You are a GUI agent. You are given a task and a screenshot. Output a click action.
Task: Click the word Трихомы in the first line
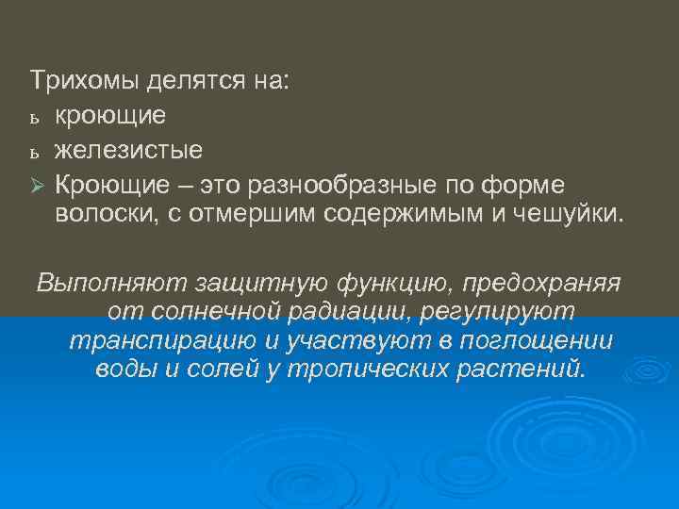pyautogui.click(x=86, y=82)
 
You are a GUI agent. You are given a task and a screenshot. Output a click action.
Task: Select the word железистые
pyautogui.click(x=128, y=149)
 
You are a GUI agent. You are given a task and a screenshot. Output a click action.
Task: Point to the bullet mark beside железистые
pyautogui.click(x=35, y=151)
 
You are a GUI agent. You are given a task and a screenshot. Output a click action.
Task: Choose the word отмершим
pyautogui.click(x=256, y=216)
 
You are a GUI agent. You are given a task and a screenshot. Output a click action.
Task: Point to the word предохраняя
pyautogui.click(x=547, y=282)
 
